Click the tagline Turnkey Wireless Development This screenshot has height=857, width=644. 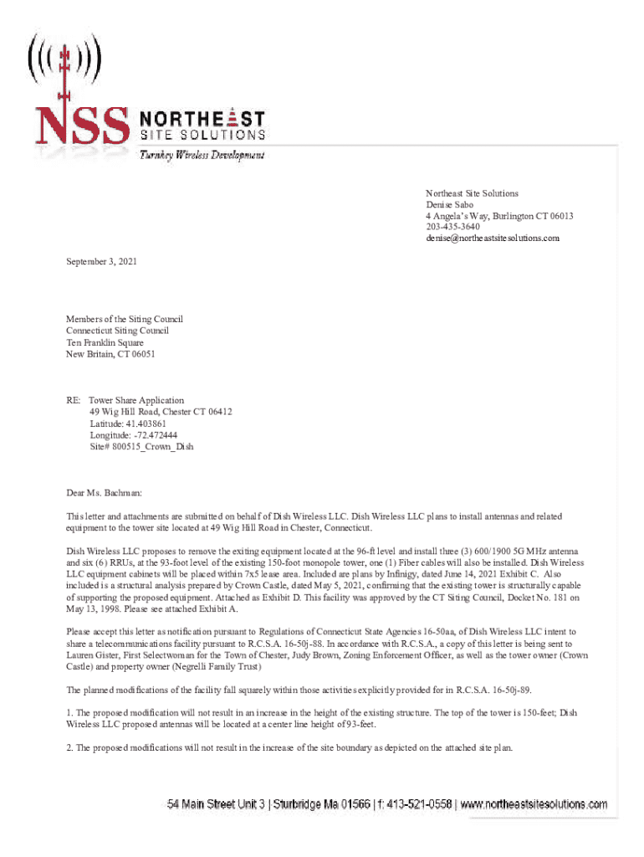pyautogui.click(x=202, y=156)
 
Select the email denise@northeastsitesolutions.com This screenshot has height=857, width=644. pyautogui.click(x=492, y=239)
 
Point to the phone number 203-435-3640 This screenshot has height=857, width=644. pyautogui.click(x=452, y=227)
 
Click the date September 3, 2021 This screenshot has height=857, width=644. pyautogui.click(x=101, y=262)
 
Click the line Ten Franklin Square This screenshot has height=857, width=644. pyautogui.click(x=105, y=342)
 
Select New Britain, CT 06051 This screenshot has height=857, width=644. pyautogui.click(x=110, y=354)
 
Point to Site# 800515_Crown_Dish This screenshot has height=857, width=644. pyautogui.click(x=141, y=447)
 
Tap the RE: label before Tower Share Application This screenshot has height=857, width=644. pyautogui.click(x=74, y=401)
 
